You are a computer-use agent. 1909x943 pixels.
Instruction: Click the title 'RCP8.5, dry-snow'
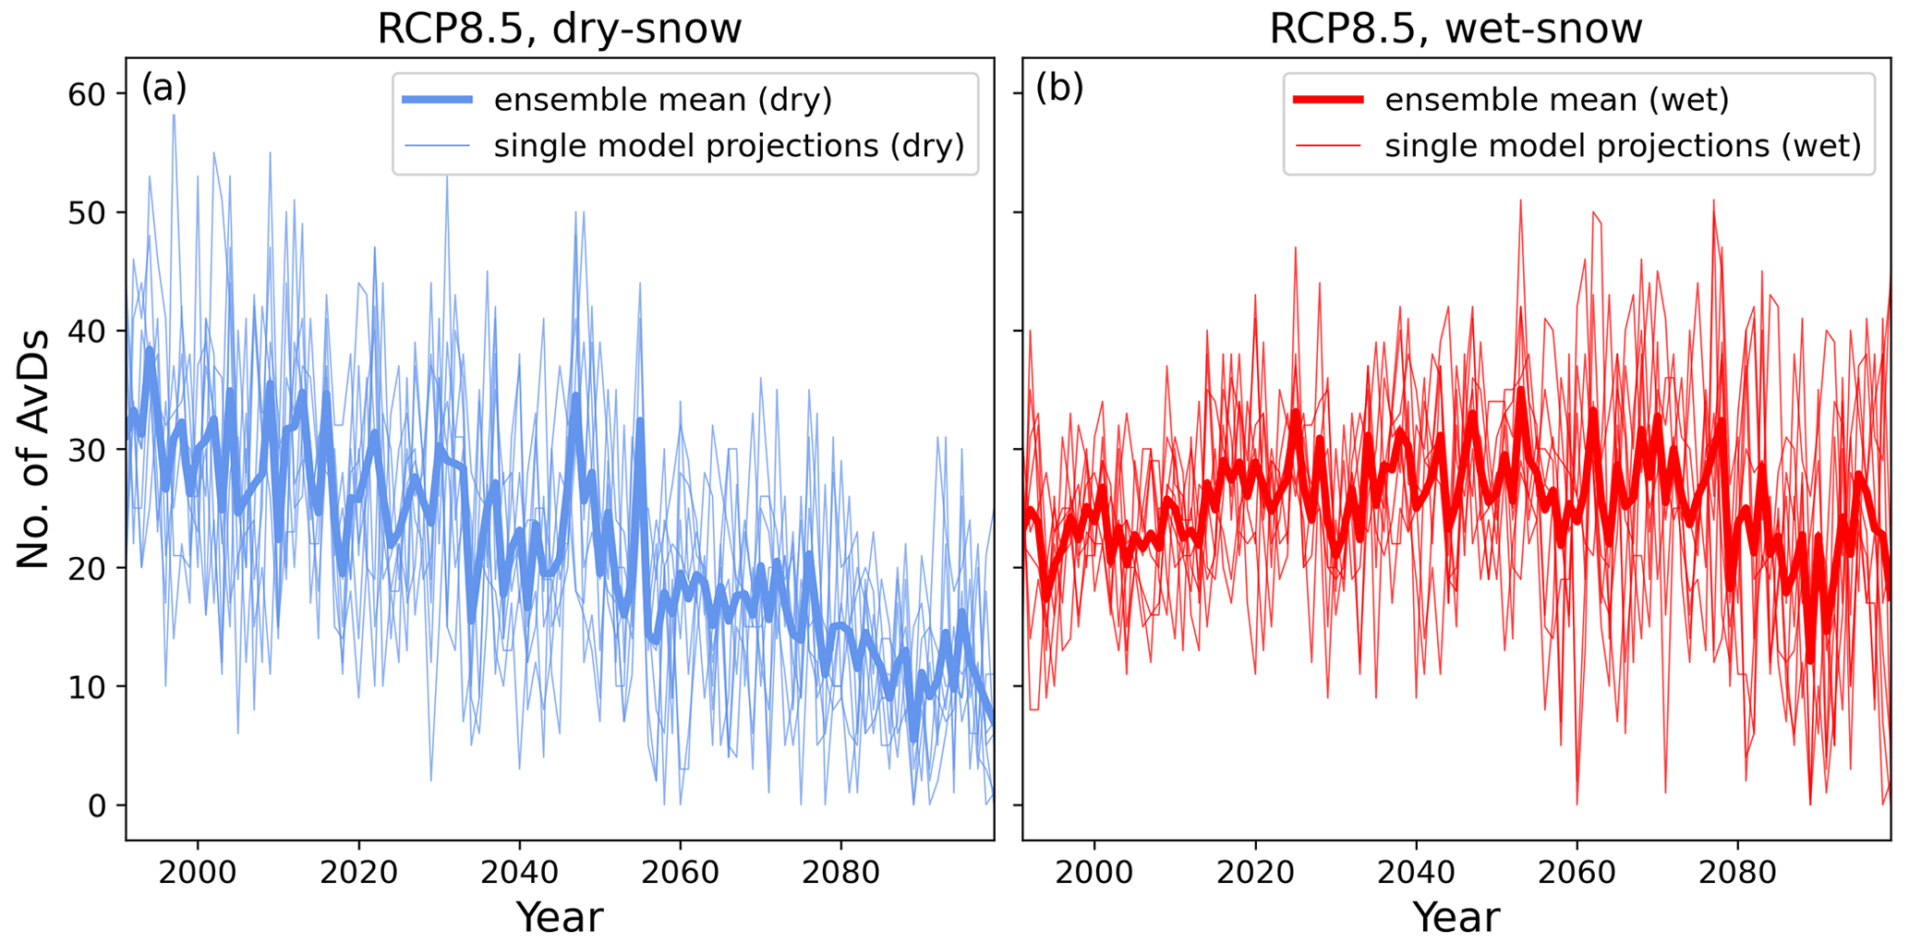559,29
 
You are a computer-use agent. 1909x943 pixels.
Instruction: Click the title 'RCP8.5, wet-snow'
1456,29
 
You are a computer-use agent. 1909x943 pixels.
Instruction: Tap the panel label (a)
163,89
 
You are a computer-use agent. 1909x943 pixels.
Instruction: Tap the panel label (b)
1059,89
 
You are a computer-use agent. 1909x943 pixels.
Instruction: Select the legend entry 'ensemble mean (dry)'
663,100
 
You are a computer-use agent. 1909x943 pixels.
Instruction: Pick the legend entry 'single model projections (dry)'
729,146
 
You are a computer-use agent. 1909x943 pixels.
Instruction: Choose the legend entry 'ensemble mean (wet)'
1557,100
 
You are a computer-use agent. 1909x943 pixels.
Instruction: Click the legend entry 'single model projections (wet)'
1623,146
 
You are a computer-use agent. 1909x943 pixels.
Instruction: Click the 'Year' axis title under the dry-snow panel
560,917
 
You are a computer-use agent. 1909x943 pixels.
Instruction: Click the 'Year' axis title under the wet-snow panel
1456,917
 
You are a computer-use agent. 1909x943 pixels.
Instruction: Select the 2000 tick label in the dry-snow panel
198,872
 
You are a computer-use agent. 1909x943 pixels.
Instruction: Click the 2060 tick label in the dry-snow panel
680,872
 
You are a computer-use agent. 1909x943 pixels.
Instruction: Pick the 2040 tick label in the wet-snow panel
1416,872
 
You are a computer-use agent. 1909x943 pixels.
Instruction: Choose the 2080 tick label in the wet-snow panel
1737,872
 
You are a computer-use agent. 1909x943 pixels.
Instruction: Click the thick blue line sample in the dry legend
437,100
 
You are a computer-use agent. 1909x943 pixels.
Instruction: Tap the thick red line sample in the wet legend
1328,100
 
